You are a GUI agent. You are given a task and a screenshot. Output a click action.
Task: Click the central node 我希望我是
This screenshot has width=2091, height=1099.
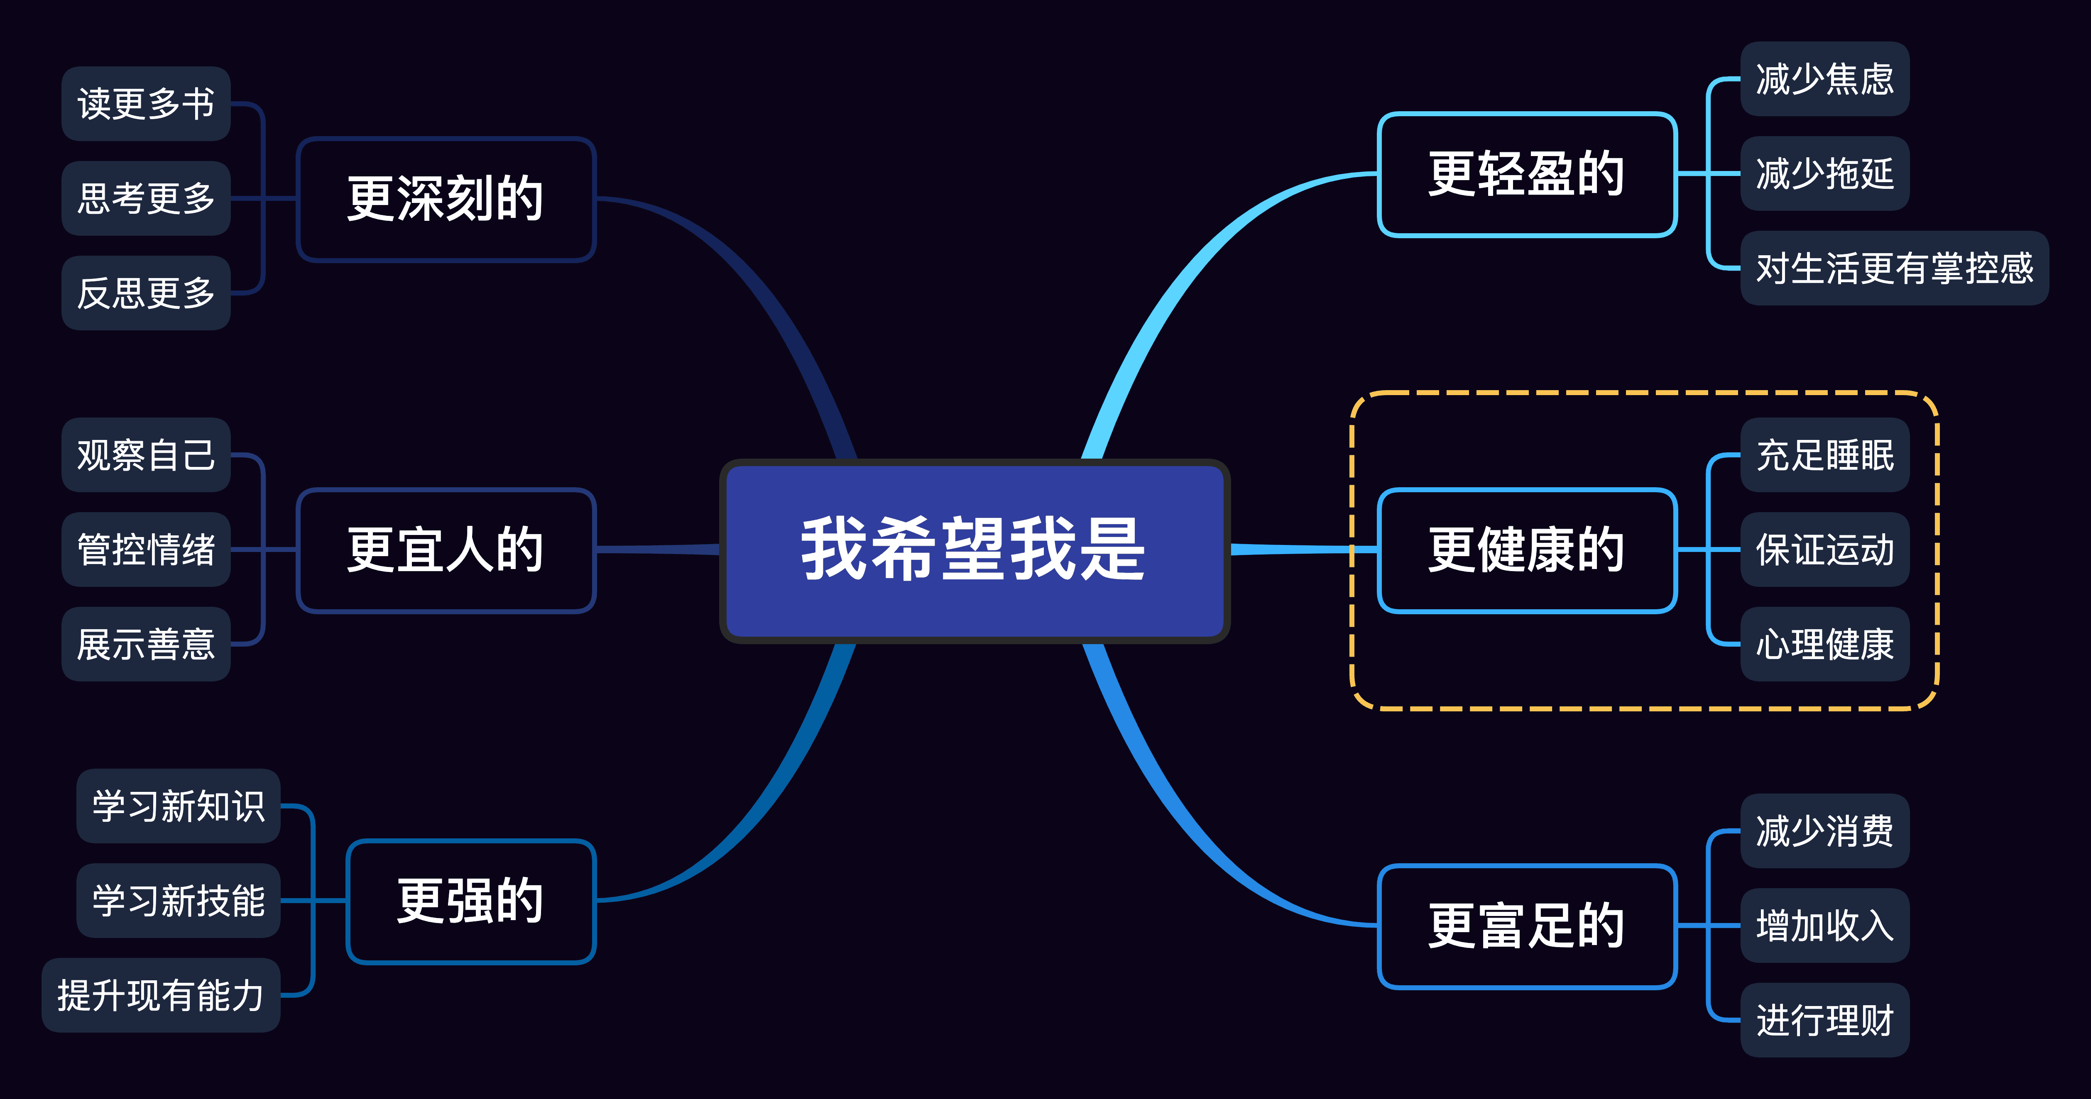click(974, 550)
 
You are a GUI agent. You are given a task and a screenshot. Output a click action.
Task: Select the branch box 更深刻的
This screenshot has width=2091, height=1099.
click(446, 199)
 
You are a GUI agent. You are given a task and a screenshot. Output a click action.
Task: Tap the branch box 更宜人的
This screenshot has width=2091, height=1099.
click(446, 550)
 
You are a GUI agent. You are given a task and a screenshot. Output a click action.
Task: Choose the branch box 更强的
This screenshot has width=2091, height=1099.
click(471, 901)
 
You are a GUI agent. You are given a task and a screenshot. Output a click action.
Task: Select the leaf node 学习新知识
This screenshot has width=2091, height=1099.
click(179, 806)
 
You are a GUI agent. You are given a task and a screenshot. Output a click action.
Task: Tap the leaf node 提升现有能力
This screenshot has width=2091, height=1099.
click(161, 995)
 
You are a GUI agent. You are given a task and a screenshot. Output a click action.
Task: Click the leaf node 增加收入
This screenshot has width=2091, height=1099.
click(1825, 925)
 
